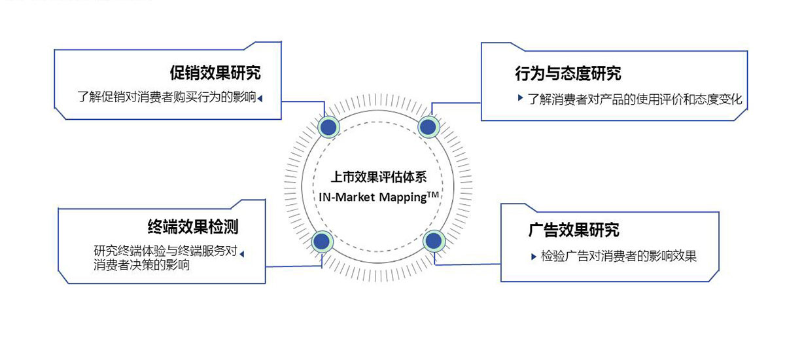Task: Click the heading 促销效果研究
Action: [x=215, y=73]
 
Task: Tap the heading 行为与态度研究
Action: [x=568, y=73]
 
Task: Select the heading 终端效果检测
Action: [x=193, y=226]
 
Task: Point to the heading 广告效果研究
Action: [x=574, y=230]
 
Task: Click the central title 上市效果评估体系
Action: [x=379, y=177]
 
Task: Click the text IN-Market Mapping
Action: [x=372, y=198]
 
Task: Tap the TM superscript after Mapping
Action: [x=433, y=194]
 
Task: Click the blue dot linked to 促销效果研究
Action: [x=328, y=127]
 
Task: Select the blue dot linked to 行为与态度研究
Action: [x=428, y=127]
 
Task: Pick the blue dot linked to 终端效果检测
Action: [x=322, y=241]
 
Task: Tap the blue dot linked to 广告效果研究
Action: [x=434, y=241]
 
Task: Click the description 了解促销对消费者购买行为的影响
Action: [x=167, y=97]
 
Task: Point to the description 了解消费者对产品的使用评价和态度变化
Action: [x=635, y=99]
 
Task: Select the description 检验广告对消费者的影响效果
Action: [x=619, y=256]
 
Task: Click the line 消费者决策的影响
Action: [x=141, y=264]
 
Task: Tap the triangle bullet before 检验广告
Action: [x=534, y=257]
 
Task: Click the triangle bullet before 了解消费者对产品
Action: [x=521, y=98]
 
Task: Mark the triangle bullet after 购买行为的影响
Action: [x=260, y=99]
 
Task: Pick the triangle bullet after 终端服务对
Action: [x=242, y=254]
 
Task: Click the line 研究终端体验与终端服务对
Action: [x=166, y=251]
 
